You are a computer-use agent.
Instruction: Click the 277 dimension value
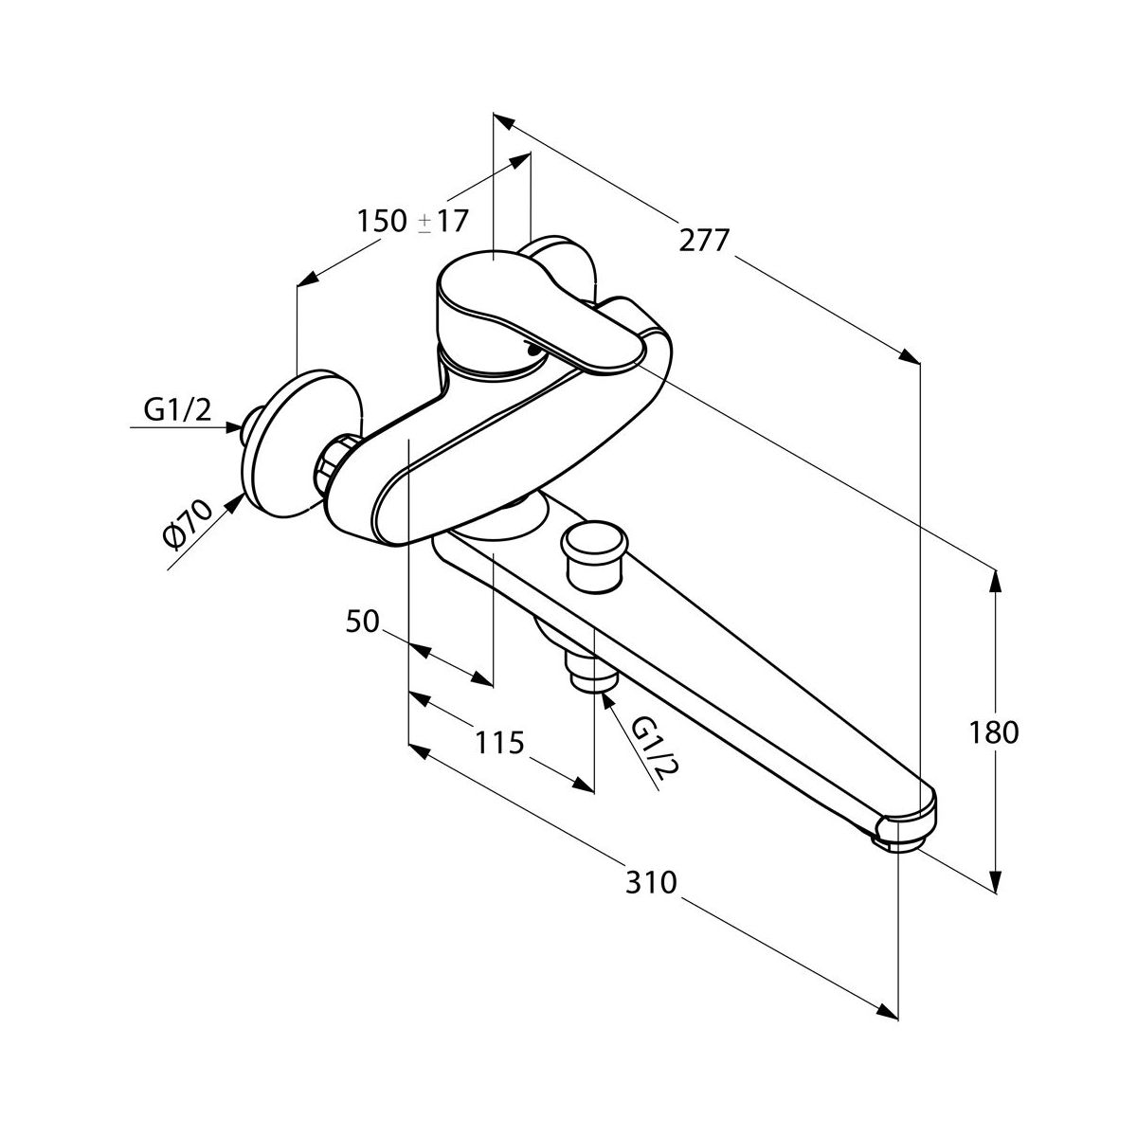click(704, 242)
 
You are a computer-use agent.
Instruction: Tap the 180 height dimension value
click(994, 732)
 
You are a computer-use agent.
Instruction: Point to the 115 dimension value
click(498, 743)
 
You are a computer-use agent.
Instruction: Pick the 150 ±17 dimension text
click(412, 222)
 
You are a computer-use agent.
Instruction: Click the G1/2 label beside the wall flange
click(176, 409)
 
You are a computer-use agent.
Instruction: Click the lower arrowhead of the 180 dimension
click(995, 885)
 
